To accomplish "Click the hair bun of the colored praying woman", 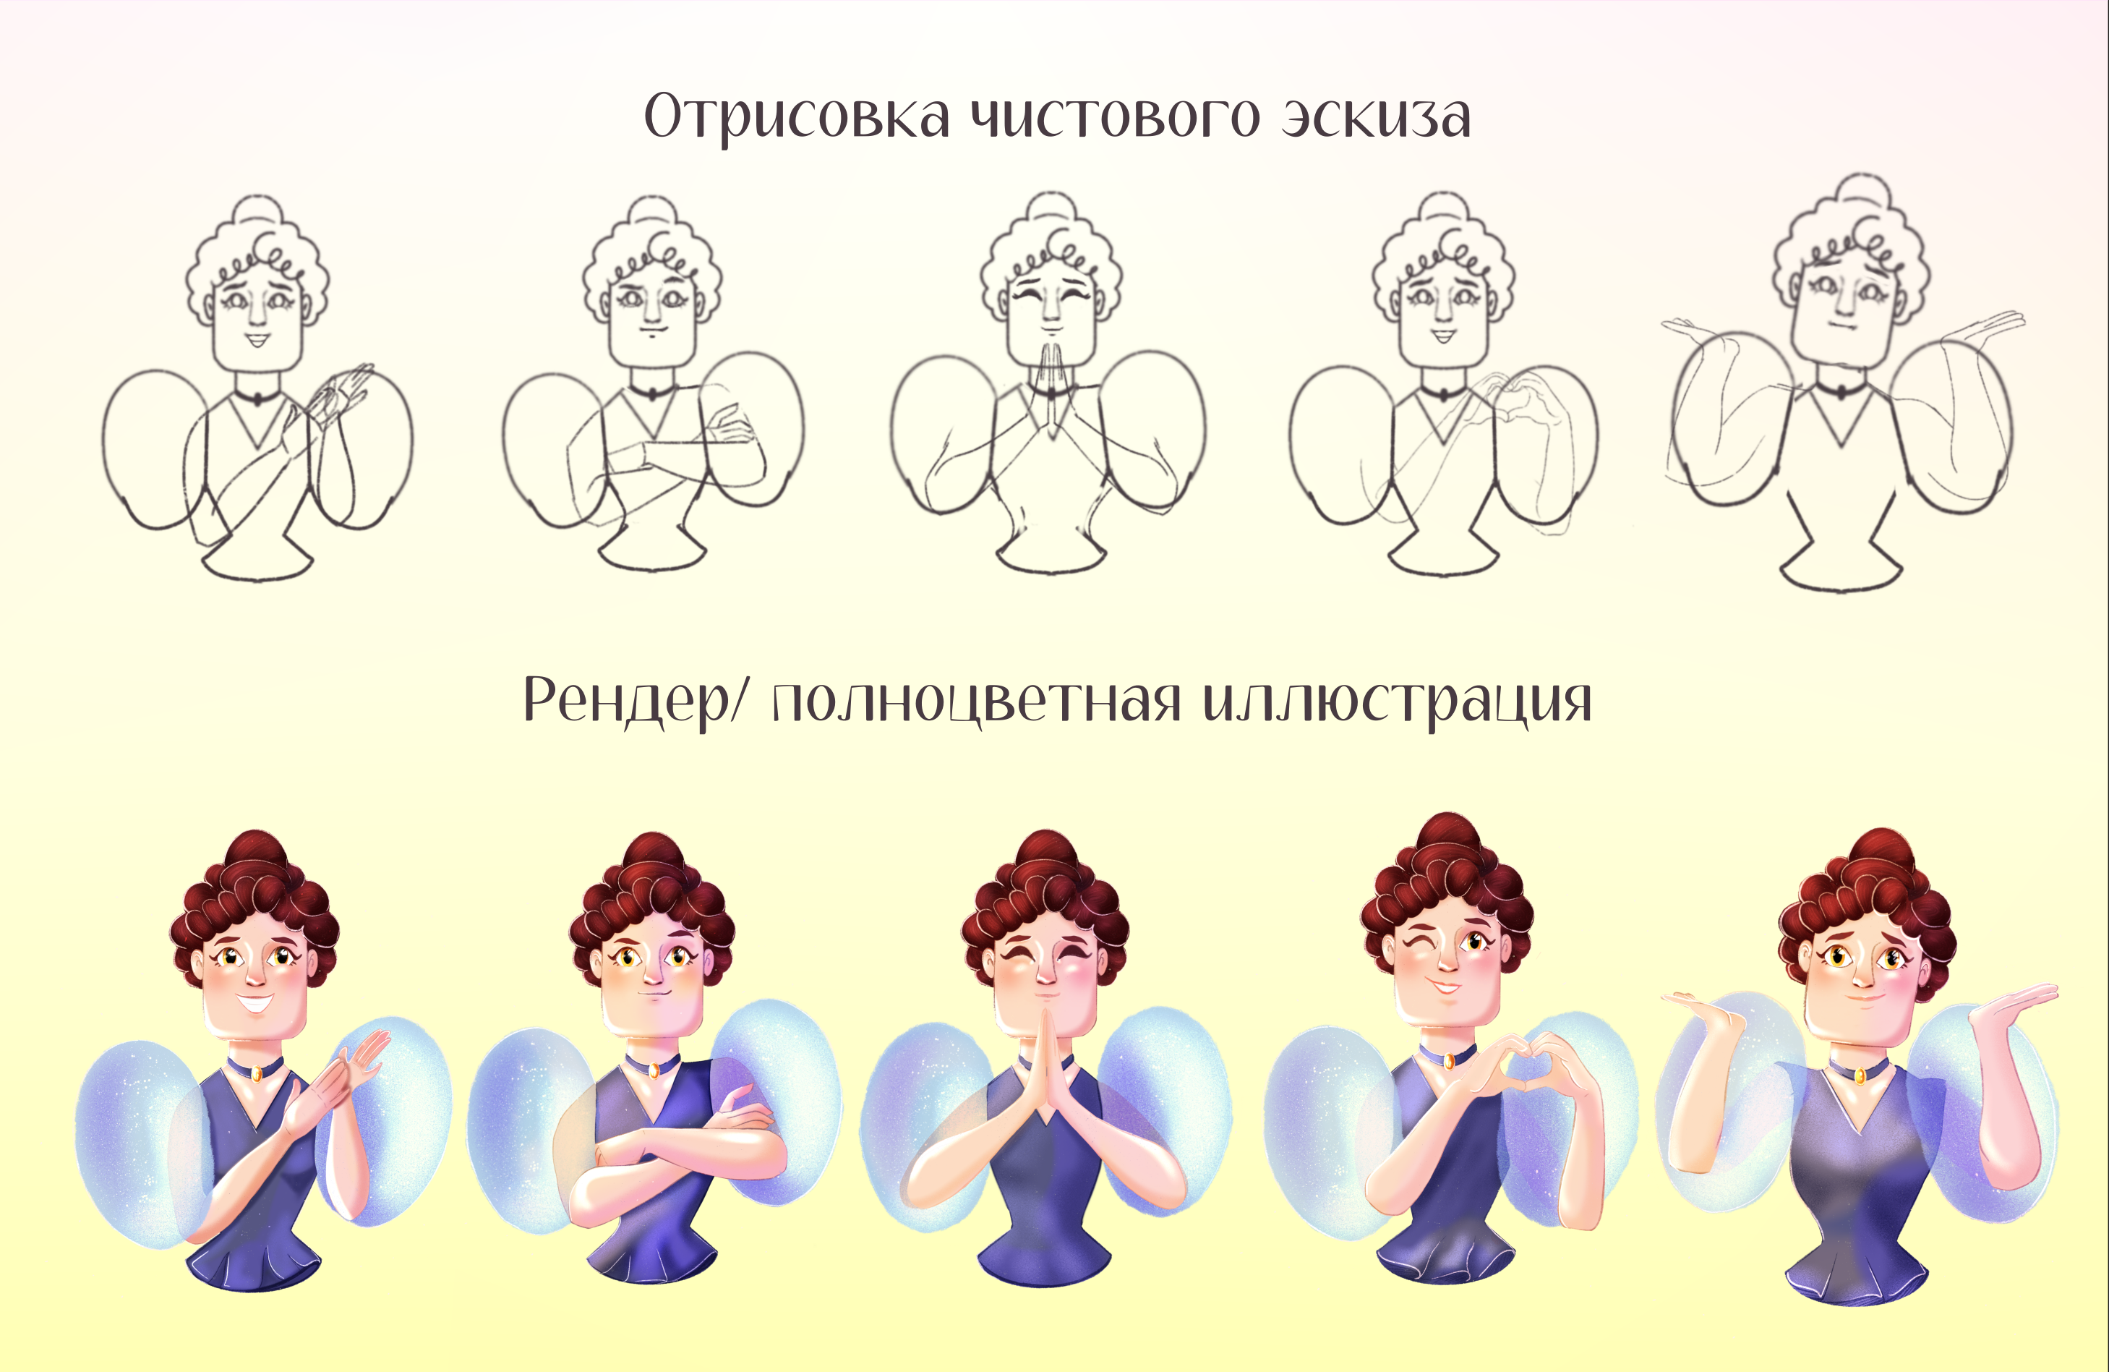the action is click(x=1045, y=853).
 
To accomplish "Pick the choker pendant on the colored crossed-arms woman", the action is click(x=653, y=1070).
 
